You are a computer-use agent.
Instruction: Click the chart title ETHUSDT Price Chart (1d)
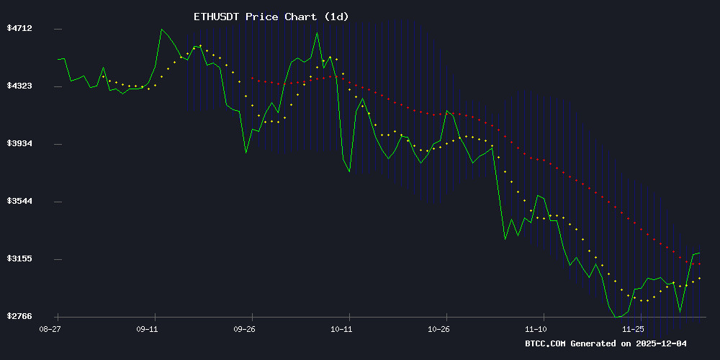click(271, 17)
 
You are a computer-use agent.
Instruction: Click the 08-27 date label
click(48, 329)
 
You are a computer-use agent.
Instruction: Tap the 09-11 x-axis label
click(146, 329)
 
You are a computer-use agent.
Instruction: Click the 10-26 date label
click(438, 329)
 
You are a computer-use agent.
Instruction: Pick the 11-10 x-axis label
click(536, 329)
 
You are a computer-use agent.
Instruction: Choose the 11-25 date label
click(633, 329)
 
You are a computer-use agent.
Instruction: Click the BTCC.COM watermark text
click(545, 343)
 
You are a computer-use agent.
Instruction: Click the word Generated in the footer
click(594, 343)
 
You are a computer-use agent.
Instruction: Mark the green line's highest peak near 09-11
click(162, 30)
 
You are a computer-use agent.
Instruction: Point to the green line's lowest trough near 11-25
click(617, 317)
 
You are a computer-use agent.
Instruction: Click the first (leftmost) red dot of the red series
click(252, 78)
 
